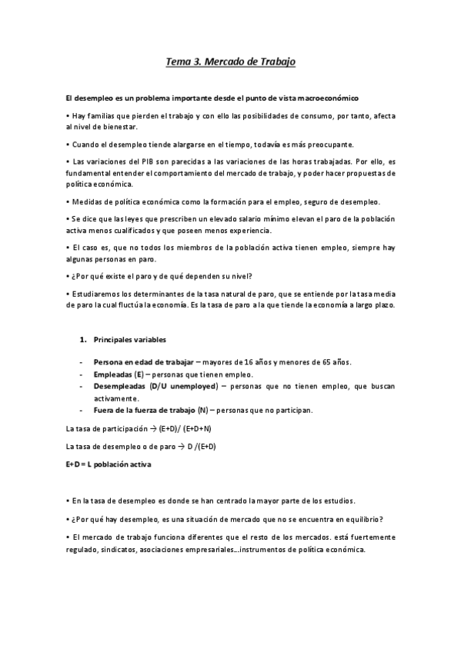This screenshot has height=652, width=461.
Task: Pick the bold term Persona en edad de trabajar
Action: (x=143, y=362)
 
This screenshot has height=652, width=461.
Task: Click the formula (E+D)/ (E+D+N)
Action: (x=182, y=429)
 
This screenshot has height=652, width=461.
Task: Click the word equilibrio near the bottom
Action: (x=359, y=518)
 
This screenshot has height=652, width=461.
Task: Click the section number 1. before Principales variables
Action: (x=83, y=339)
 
